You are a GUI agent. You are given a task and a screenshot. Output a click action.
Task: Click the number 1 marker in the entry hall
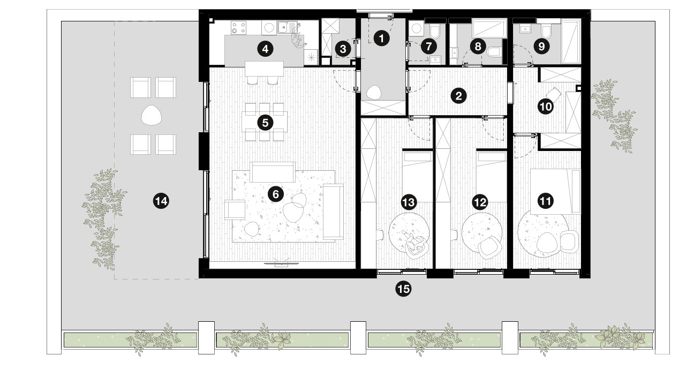[x=381, y=39]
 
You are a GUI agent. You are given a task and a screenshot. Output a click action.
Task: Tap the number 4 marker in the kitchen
[x=265, y=49]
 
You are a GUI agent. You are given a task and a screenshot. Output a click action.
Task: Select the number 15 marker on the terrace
[x=403, y=289]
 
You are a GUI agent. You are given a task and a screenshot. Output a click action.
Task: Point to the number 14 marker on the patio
[x=161, y=201]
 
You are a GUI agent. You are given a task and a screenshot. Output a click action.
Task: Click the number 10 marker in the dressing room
[x=546, y=107]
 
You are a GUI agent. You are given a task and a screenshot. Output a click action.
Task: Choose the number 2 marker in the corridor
[x=458, y=96]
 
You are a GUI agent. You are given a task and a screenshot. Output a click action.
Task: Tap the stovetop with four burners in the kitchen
[x=239, y=27]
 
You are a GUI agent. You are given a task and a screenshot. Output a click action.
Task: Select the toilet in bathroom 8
[x=494, y=51]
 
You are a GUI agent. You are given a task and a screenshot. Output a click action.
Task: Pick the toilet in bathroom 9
[x=546, y=31]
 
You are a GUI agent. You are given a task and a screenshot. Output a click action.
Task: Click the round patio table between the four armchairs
[x=151, y=115]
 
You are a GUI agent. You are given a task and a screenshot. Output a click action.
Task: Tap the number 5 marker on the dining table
[x=265, y=123]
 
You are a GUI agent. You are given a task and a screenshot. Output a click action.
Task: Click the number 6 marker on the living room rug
[x=275, y=194]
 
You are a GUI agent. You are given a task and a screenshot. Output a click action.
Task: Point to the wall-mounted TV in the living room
[x=282, y=264]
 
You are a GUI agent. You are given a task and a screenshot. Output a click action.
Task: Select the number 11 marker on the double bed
[x=546, y=201]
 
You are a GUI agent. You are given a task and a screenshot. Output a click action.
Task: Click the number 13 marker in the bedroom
[x=409, y=202]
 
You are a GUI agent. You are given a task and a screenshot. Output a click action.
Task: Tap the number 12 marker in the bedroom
[x=480, y=202]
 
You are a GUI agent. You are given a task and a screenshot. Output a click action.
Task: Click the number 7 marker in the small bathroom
[x=429, y=47]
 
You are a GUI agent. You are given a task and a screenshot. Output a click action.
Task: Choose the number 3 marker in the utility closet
[x=343, y=49]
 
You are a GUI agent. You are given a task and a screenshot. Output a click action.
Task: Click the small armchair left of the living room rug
[x=235, y=210]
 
